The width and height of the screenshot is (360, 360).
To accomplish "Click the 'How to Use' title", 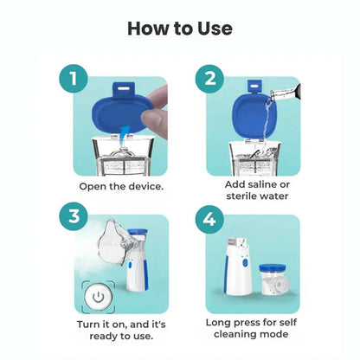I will point(180,28).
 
